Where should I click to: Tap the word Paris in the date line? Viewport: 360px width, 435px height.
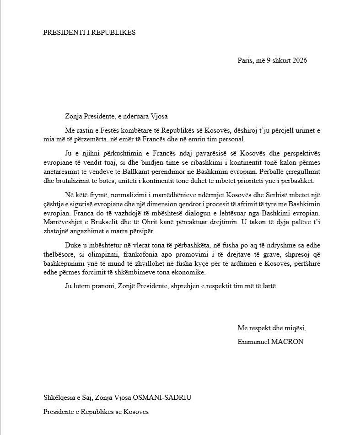tap(245, 60)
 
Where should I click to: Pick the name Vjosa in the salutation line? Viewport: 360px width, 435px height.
tap(165, 116)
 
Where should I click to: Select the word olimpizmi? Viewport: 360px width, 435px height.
tap(107, 255)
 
